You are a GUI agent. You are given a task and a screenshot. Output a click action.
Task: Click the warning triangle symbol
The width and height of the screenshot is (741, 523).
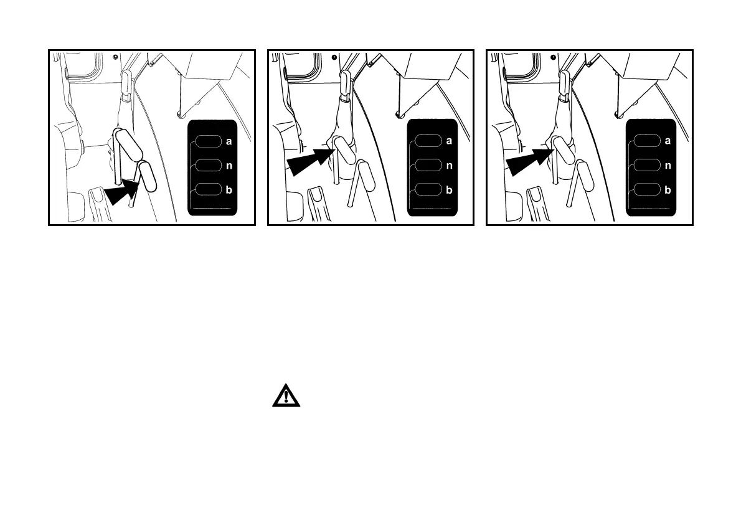click(286, 396)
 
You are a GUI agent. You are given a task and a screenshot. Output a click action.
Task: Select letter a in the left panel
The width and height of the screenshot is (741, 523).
click(229, 141)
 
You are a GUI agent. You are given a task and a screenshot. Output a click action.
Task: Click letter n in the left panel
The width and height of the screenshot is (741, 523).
click(229, 166)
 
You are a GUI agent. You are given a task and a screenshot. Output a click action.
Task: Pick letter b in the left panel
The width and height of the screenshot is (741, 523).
click(229, 191)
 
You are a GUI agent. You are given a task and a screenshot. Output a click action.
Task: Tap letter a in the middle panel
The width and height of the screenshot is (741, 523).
click(448, 141)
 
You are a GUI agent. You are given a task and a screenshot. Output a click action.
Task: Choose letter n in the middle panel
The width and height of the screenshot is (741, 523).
click(448, 166)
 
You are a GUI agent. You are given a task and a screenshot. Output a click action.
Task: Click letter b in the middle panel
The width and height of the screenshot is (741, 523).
click(448, 191)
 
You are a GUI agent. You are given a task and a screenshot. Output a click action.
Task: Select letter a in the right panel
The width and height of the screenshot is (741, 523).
click(668, 141)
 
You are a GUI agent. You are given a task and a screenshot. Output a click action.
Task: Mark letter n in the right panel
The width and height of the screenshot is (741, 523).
click(668, 166)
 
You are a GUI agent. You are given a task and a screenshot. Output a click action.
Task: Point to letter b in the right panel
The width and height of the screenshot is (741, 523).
click(668, 191)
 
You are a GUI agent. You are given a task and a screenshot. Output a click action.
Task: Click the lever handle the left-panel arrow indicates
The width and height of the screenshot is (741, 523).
click(148, 177)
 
